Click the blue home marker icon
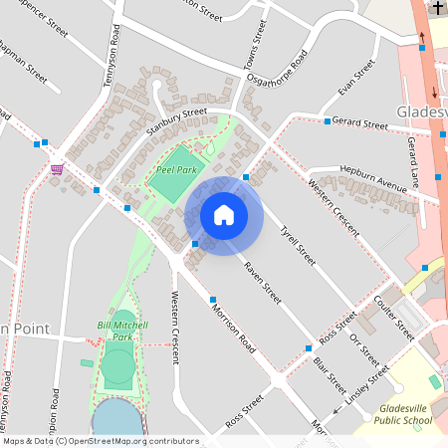[x=224, y=215]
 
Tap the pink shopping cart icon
[x=57, y=167]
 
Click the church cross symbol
[x=437, y=8]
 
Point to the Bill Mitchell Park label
[x=122, y=331]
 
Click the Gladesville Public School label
[x=405, y=415]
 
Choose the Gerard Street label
[x=359, y=124]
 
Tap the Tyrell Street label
[x=297, y=245]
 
